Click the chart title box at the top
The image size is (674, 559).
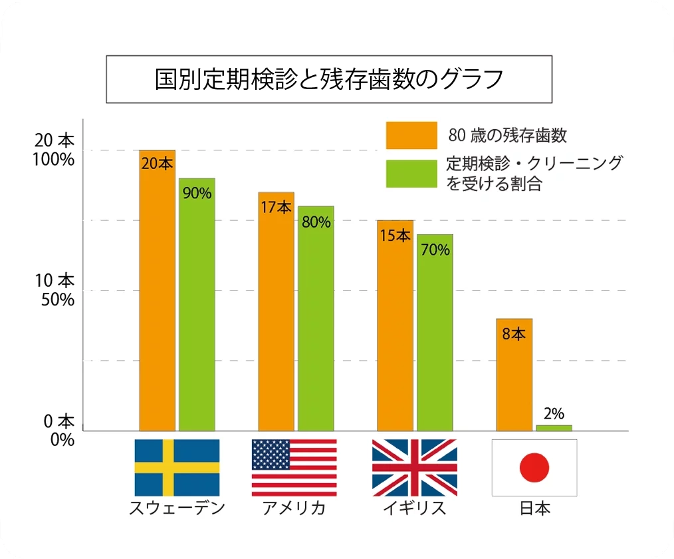tap(329, 79)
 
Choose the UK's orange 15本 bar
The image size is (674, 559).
tap(395, 325)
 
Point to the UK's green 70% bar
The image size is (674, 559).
tap(435, 332)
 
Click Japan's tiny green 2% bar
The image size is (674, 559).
tap(554, 427)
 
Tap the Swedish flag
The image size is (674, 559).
tap(177, 467)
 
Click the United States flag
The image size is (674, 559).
tap(294, 467)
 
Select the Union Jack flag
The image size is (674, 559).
tap(414, 467)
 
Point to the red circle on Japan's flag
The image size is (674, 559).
tap(534, 468)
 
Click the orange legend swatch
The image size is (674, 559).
tap(411, 135)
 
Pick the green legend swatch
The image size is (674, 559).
tap(411, 173)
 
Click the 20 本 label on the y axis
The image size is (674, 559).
tap(56, 141)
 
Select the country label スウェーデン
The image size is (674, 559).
tap(177, 508)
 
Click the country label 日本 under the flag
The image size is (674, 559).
tap(534, 508)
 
